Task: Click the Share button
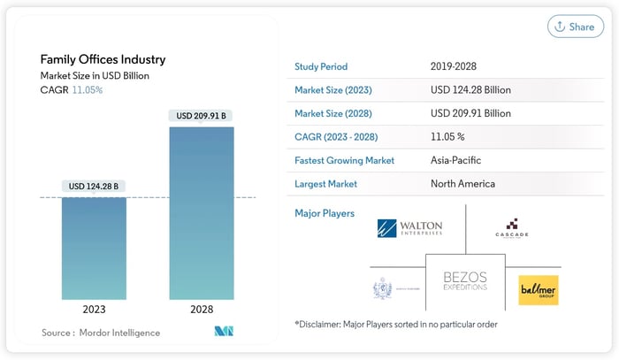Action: (x=575, y=27)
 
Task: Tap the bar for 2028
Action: (x=202, y=212)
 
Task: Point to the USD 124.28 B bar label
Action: (x=93, y=186)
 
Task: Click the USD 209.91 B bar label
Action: (x=202, y=115)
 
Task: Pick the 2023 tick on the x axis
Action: (x=93, y=310)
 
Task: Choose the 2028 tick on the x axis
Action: (x=202, y=310)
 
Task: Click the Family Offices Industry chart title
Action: (x=103, y=59)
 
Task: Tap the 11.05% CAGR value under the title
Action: (x=87, y=89)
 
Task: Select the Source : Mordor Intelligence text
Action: (x=100, y=333)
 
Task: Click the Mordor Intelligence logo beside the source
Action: (x=224, y=332)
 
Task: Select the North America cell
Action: (x=462, y=183)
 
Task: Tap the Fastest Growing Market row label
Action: (x=344, y=160)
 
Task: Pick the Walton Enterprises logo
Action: (x=409, y=229)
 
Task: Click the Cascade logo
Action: (x=513, y=230)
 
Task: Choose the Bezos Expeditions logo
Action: (x=464, y=282)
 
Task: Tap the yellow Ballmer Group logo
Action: (x=538, y=289)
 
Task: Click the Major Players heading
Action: (x=325, y=213)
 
